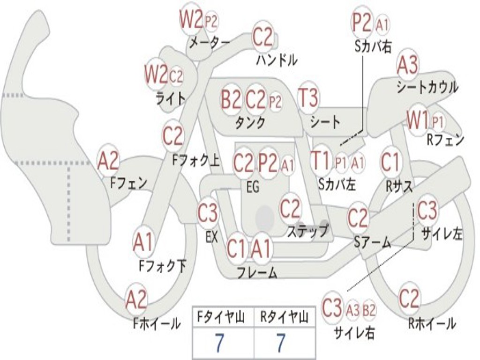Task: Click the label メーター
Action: (x=209, y=43)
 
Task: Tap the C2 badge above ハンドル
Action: (x=262, y=37)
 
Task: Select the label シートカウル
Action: (x=427, y=87)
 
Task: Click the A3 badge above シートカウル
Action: (x=407, y=66)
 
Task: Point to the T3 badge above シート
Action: (x=308, y=98)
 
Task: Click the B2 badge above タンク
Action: (x=231, y=99)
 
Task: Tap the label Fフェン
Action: (x=129, y=182)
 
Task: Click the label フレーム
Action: (x=257, y=272)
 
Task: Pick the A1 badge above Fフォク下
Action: (x=143, y=243)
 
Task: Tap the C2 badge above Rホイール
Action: (x=409, y=298)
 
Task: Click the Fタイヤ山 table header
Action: (x=223, y=318)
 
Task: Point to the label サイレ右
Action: (x=354, y=332)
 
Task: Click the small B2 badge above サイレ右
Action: (x=369, y=310)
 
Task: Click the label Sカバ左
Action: (x=337, y=184)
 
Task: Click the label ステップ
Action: (x=307, y=231)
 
